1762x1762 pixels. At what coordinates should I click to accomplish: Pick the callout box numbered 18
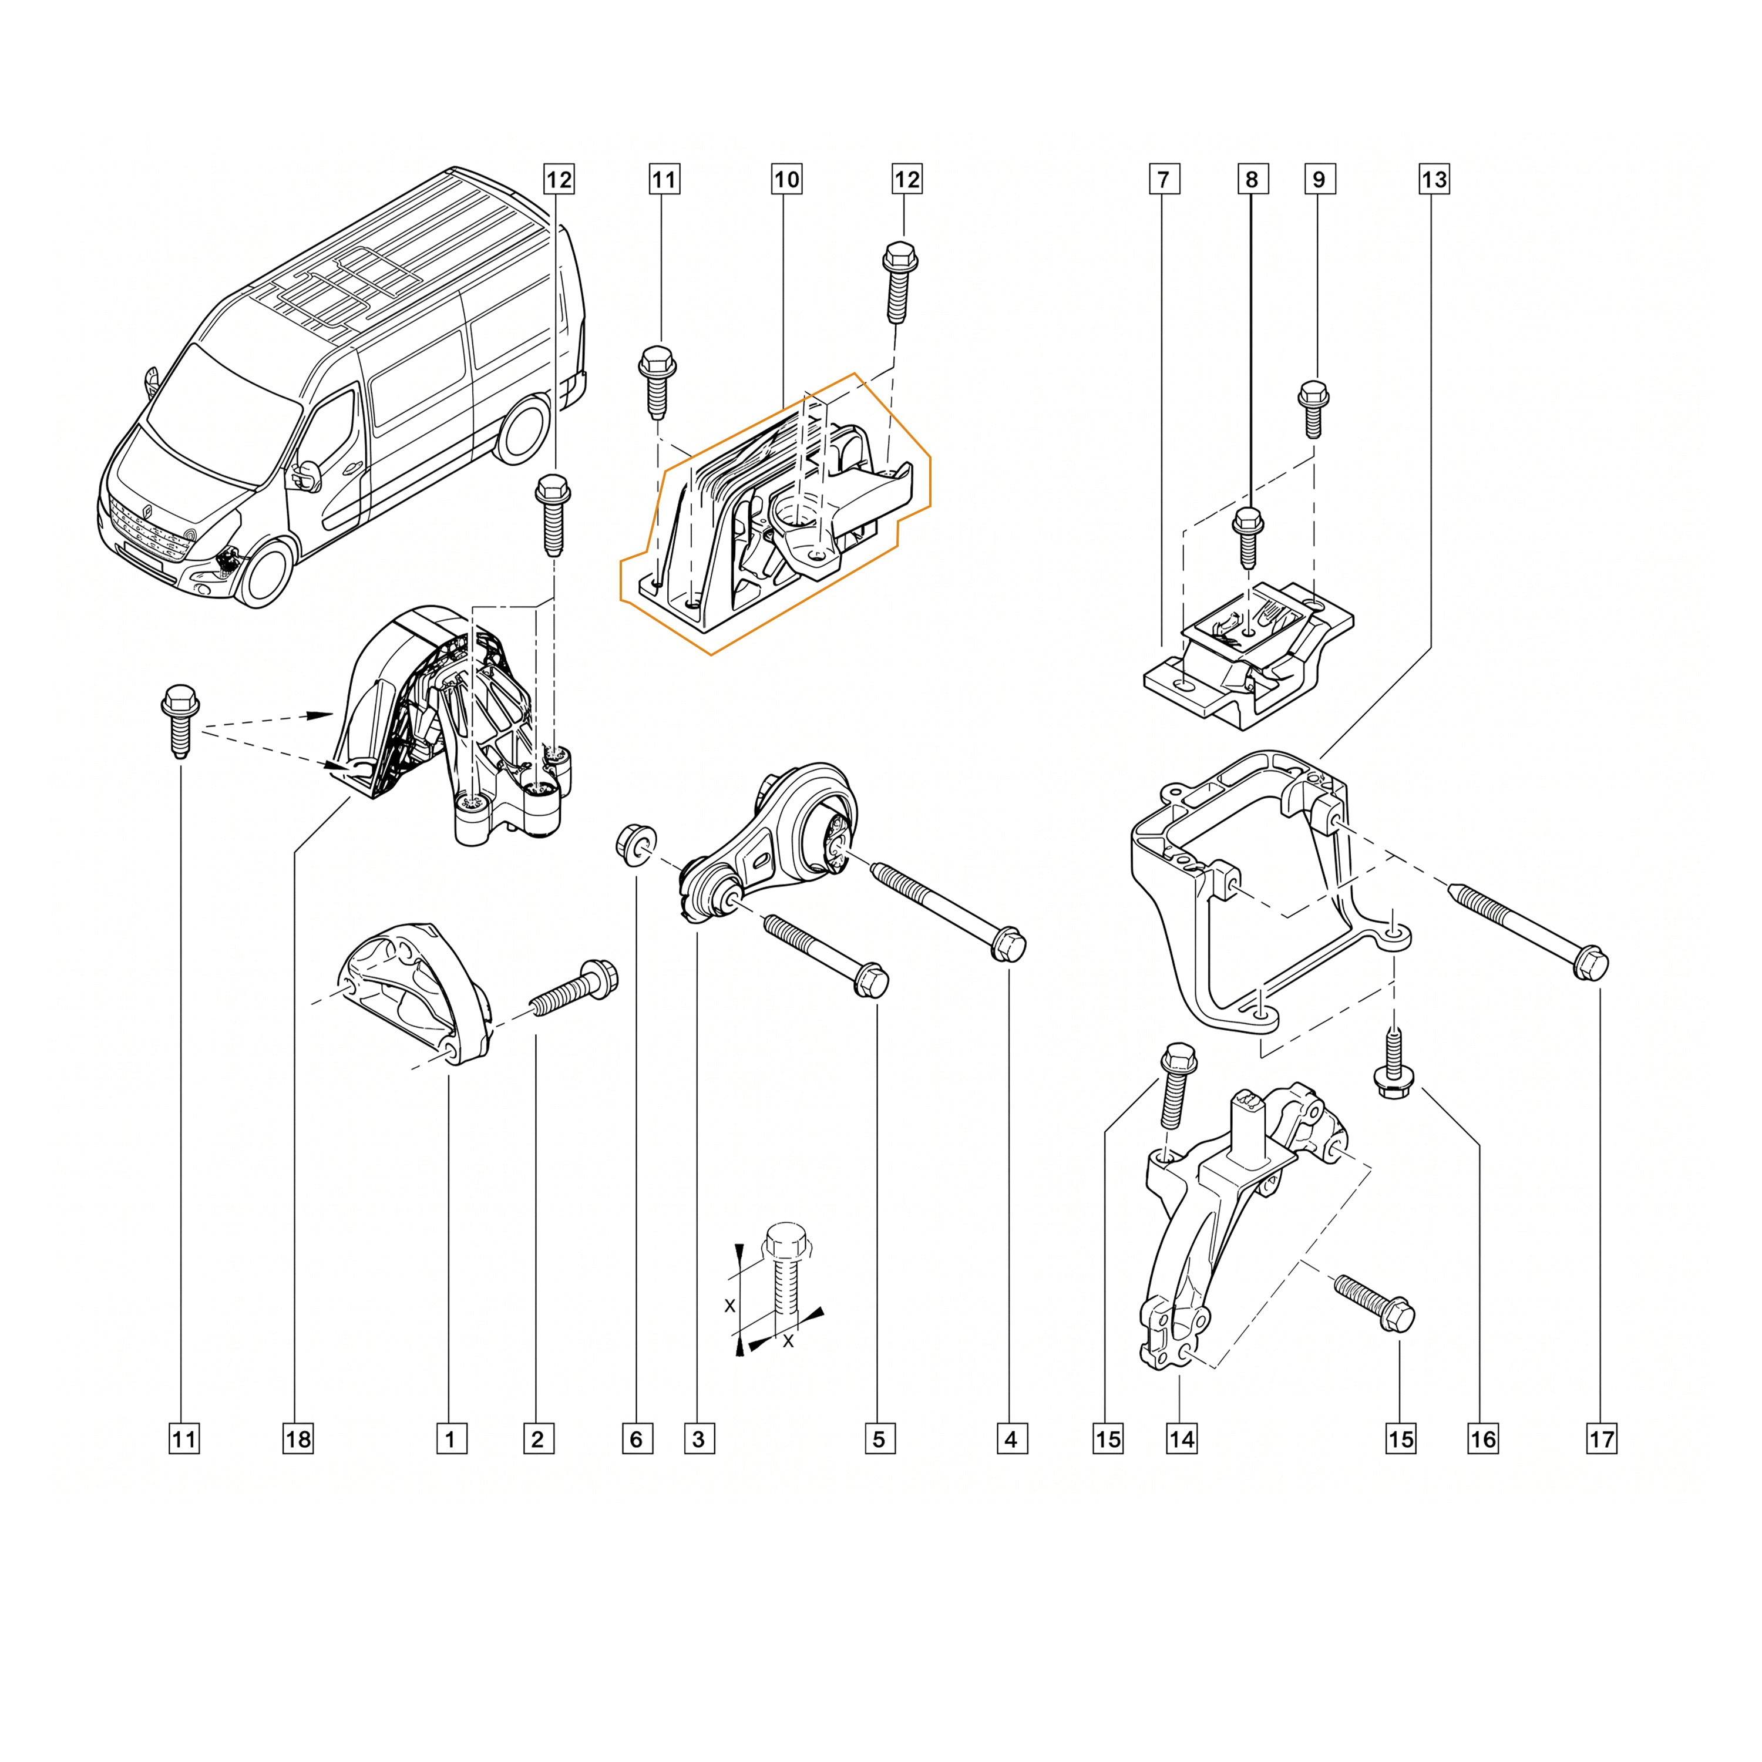(x=298, y=1439)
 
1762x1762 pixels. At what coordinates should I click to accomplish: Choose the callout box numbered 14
(x=1181, y=1439)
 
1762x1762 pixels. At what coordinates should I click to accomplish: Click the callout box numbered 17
(x=1602, y=1439)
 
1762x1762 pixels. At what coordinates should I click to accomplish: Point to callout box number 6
(x=637, y=1439)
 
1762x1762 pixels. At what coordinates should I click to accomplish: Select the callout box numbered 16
(x=1483, y=1439)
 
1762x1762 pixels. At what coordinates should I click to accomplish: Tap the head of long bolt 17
(x=1590, y=964)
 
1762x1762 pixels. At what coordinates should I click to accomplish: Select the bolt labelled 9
(x=1313, y=407)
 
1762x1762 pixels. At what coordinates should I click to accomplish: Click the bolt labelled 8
(x=1247, y=537)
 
